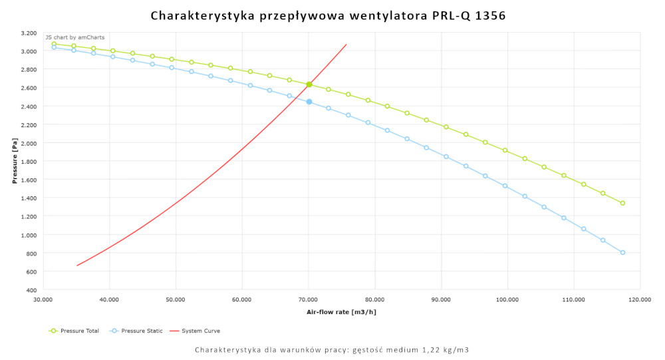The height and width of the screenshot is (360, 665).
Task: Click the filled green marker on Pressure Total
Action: point(309,85)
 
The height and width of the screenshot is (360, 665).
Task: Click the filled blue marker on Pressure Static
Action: point(309,102)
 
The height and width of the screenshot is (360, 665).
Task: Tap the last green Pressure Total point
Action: point(622,203)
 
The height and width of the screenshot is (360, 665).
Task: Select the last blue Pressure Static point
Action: point(622,252)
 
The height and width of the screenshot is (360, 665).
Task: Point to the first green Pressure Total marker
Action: point(55,44)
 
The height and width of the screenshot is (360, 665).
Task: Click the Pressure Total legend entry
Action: point(74,331)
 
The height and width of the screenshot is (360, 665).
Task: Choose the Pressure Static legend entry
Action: point(134,331)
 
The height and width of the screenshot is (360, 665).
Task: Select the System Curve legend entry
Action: point(196,331)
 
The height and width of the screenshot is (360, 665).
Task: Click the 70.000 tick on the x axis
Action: point(308,299)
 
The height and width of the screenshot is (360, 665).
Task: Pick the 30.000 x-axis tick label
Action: point(43,299)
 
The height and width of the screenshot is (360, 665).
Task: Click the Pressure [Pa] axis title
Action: point(14,162)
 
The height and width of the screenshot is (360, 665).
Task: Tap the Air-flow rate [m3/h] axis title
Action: point(341,311)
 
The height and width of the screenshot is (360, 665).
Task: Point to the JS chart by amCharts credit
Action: point(74,37)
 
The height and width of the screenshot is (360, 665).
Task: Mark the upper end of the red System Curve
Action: point(346,45)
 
